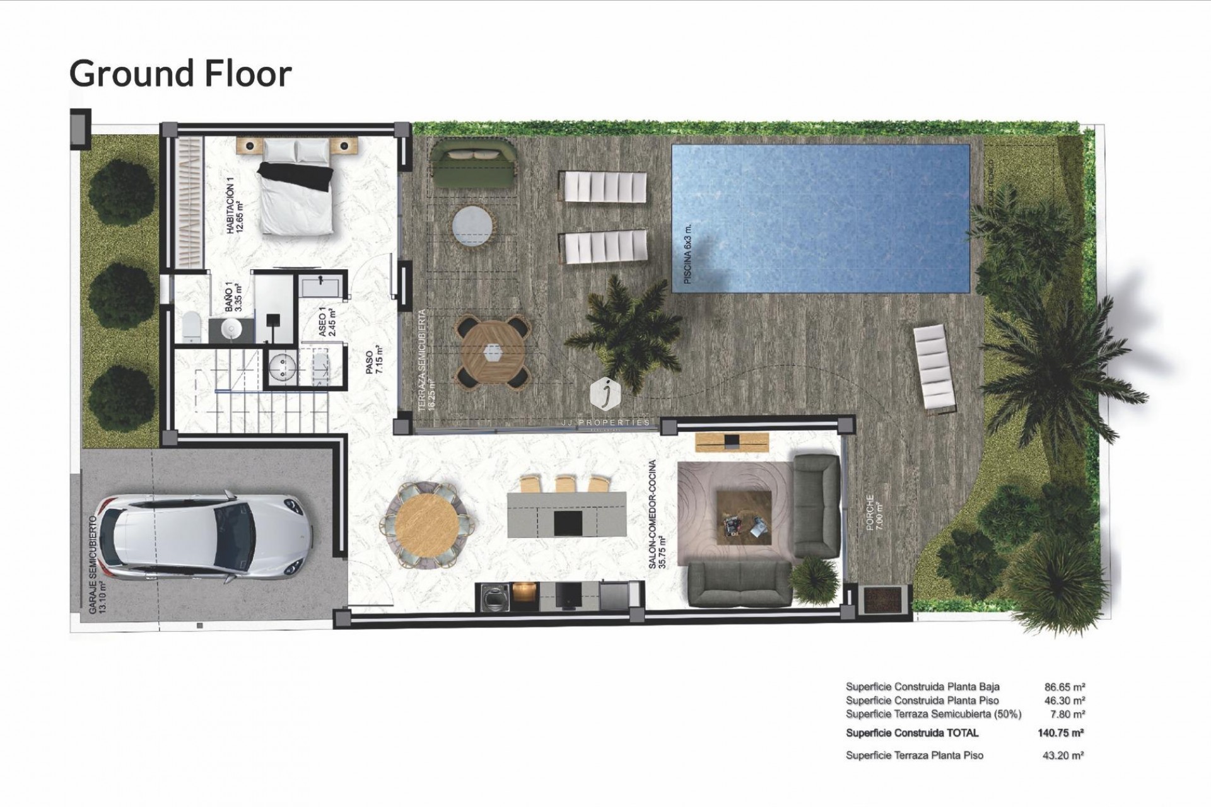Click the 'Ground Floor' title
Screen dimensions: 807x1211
180,74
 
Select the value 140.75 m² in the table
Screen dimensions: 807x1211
1060,733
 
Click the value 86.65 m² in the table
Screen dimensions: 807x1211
1065,687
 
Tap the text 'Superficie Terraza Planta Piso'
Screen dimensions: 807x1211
915,755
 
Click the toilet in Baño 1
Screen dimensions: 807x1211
190,327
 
